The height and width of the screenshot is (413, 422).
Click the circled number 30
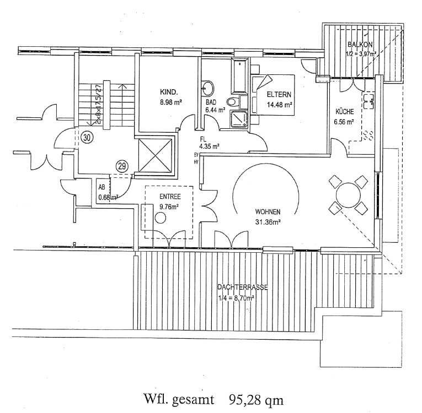tap(86, 138)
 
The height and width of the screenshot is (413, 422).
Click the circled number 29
tap(122, 165)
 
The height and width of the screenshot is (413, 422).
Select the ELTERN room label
tap(279, 94)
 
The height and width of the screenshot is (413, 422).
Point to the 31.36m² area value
tap(268, 222)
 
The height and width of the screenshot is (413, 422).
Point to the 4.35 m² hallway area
tap(209, 146)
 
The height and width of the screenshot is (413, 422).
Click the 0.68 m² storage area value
tap(108, 197)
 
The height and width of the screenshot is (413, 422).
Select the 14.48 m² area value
tap(280, 104)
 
